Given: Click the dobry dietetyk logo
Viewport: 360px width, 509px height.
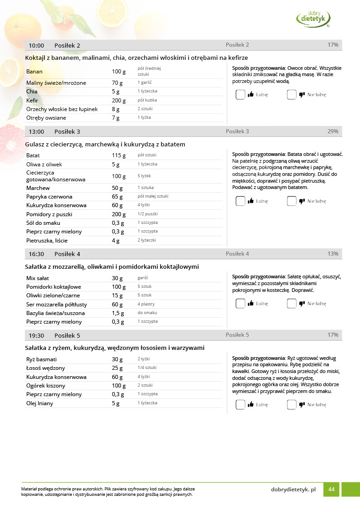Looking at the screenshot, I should pos(313,19).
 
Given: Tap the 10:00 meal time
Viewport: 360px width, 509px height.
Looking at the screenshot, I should pos(36,45).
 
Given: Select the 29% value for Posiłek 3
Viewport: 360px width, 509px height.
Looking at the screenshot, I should pos(333,131).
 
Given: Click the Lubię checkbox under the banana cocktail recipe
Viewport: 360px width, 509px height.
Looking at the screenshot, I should pos(240,95).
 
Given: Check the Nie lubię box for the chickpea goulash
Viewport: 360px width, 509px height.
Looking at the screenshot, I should pos(292,201).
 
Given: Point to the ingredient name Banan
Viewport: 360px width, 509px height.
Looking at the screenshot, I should pos(34,72).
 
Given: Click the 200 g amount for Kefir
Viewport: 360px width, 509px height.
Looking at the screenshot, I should pos(119,100).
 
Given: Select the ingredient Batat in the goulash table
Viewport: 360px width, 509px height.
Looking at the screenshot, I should pos(33,155).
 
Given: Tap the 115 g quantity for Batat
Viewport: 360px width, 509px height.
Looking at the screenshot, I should pos(118,155).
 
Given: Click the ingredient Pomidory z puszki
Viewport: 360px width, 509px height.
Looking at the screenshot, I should pos(49,214).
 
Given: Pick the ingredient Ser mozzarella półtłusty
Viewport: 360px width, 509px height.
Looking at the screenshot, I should pos(57,305).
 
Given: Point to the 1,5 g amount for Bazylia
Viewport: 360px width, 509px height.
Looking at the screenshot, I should pos(118,313).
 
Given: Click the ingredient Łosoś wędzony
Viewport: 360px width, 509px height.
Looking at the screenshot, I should pos(45,368).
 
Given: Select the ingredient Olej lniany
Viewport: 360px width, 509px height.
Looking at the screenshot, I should pos(40,403).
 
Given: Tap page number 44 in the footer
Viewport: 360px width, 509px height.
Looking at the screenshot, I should pos(331,490).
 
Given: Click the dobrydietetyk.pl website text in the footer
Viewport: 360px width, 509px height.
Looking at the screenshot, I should pos(293,490).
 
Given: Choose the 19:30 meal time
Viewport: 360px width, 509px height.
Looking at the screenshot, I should pos(36,336).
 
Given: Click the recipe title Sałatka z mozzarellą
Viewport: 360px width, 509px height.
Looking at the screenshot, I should pos(112,267).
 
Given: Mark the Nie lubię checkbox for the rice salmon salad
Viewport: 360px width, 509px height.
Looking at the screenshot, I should pos(292,405).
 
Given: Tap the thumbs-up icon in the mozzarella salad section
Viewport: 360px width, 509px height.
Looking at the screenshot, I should pos(251,304).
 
